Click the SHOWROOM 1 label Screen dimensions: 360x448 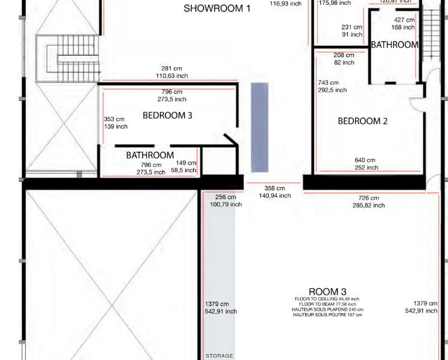click(x=217, y=8)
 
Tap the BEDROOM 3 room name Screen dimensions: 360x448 click(x=167, y=115)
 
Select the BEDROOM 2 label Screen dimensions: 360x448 click(x=362, y=121)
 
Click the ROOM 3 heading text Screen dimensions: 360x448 click(x=327, y=292)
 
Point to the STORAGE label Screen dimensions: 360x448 click(x=220, y=356)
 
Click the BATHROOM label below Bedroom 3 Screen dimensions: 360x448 click(x=150, y=155)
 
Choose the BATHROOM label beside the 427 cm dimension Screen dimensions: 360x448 click(x=394, y=45)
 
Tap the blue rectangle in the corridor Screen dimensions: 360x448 click(x=259, y=127)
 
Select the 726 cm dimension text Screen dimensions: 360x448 click(x=369, y=198)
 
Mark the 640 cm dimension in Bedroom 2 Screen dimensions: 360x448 click(x=365, y=160)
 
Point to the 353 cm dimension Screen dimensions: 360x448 click(x=114, y=119)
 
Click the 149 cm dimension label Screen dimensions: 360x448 click(x=186, y=163)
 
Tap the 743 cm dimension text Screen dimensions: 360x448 click(x=329, y=83)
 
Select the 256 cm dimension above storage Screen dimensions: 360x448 click(x=225, y=197)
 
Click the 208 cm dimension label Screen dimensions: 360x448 click(x=344, y=55)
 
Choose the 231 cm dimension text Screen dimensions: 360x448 click(x=352, y=27)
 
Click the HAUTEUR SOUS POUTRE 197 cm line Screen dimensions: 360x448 click(x=327, y=315)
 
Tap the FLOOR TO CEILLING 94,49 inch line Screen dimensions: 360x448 click(x=327, y=299)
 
